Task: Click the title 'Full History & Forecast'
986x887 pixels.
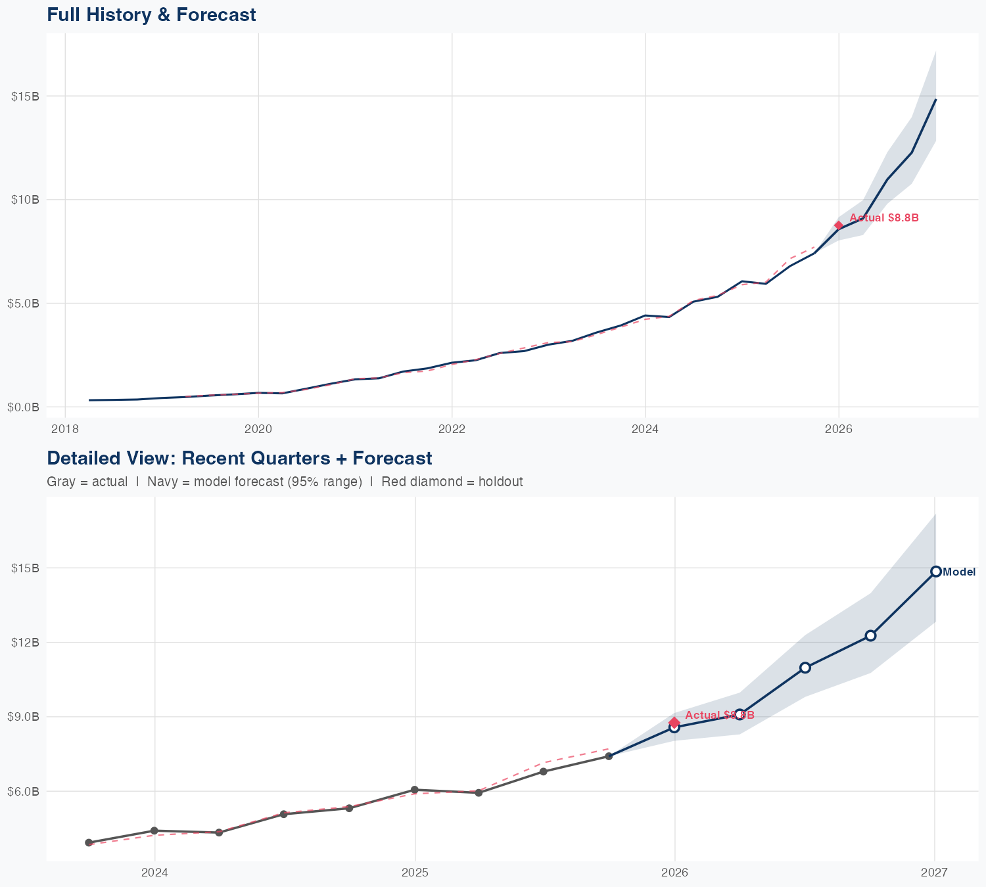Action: [151, 14]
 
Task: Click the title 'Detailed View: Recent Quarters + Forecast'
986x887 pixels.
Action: [239, 458]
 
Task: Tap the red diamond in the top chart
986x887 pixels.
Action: [839, 225]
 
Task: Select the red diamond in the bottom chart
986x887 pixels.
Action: [674, 722]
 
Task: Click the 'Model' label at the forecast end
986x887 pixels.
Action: [959, 572]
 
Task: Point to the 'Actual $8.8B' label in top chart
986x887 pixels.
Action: [883, 218]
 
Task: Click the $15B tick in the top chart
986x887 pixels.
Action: [25, 96]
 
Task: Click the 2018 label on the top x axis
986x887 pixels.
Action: [65, 430]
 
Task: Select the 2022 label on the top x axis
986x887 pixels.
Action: [452, 430]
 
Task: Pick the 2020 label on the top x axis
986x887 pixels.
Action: [258, 430]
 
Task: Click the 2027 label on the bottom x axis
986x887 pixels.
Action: [934, 873]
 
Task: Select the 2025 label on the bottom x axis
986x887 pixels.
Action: [415, 873]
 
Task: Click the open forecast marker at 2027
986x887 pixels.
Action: [935, 572]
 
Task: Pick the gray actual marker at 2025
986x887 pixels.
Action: [415, 790]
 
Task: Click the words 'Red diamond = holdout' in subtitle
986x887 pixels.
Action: [452, 482]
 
